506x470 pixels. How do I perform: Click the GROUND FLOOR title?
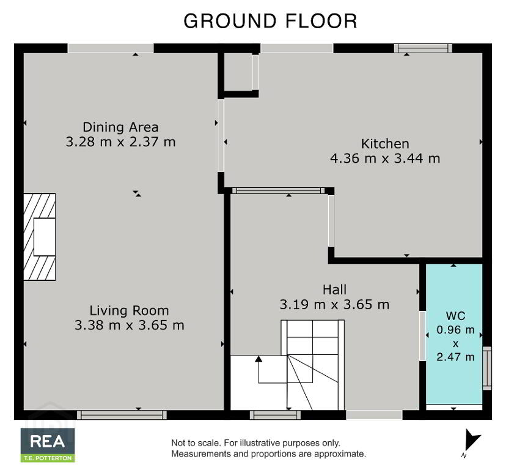coord(270,21)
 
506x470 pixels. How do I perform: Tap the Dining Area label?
coord(120,127)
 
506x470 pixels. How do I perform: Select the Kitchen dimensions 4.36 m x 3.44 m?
coord(385,159)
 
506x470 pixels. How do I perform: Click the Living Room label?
coord(129,310)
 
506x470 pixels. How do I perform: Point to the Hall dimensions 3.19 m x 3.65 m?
coord(335,304)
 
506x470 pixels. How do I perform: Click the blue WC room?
coord(454,334)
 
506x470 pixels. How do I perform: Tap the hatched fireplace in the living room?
coord(39,237)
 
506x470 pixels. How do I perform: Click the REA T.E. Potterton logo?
coord(48,445)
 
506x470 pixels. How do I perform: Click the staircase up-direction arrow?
coord(258,370)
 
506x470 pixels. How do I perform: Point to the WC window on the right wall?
coord(487,368)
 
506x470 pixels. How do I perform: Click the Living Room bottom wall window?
coord(122,415)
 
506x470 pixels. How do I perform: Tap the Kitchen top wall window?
coord(423,48)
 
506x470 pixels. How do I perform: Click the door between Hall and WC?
coord(422,335)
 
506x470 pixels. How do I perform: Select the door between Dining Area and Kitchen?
coord(221,135)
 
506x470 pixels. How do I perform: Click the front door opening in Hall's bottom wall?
coord(374,415)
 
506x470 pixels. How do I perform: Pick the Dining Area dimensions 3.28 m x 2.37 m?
coord(120,141)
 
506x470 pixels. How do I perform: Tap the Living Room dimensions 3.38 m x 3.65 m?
coord(129,325)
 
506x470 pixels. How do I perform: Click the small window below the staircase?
coord(275,415)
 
